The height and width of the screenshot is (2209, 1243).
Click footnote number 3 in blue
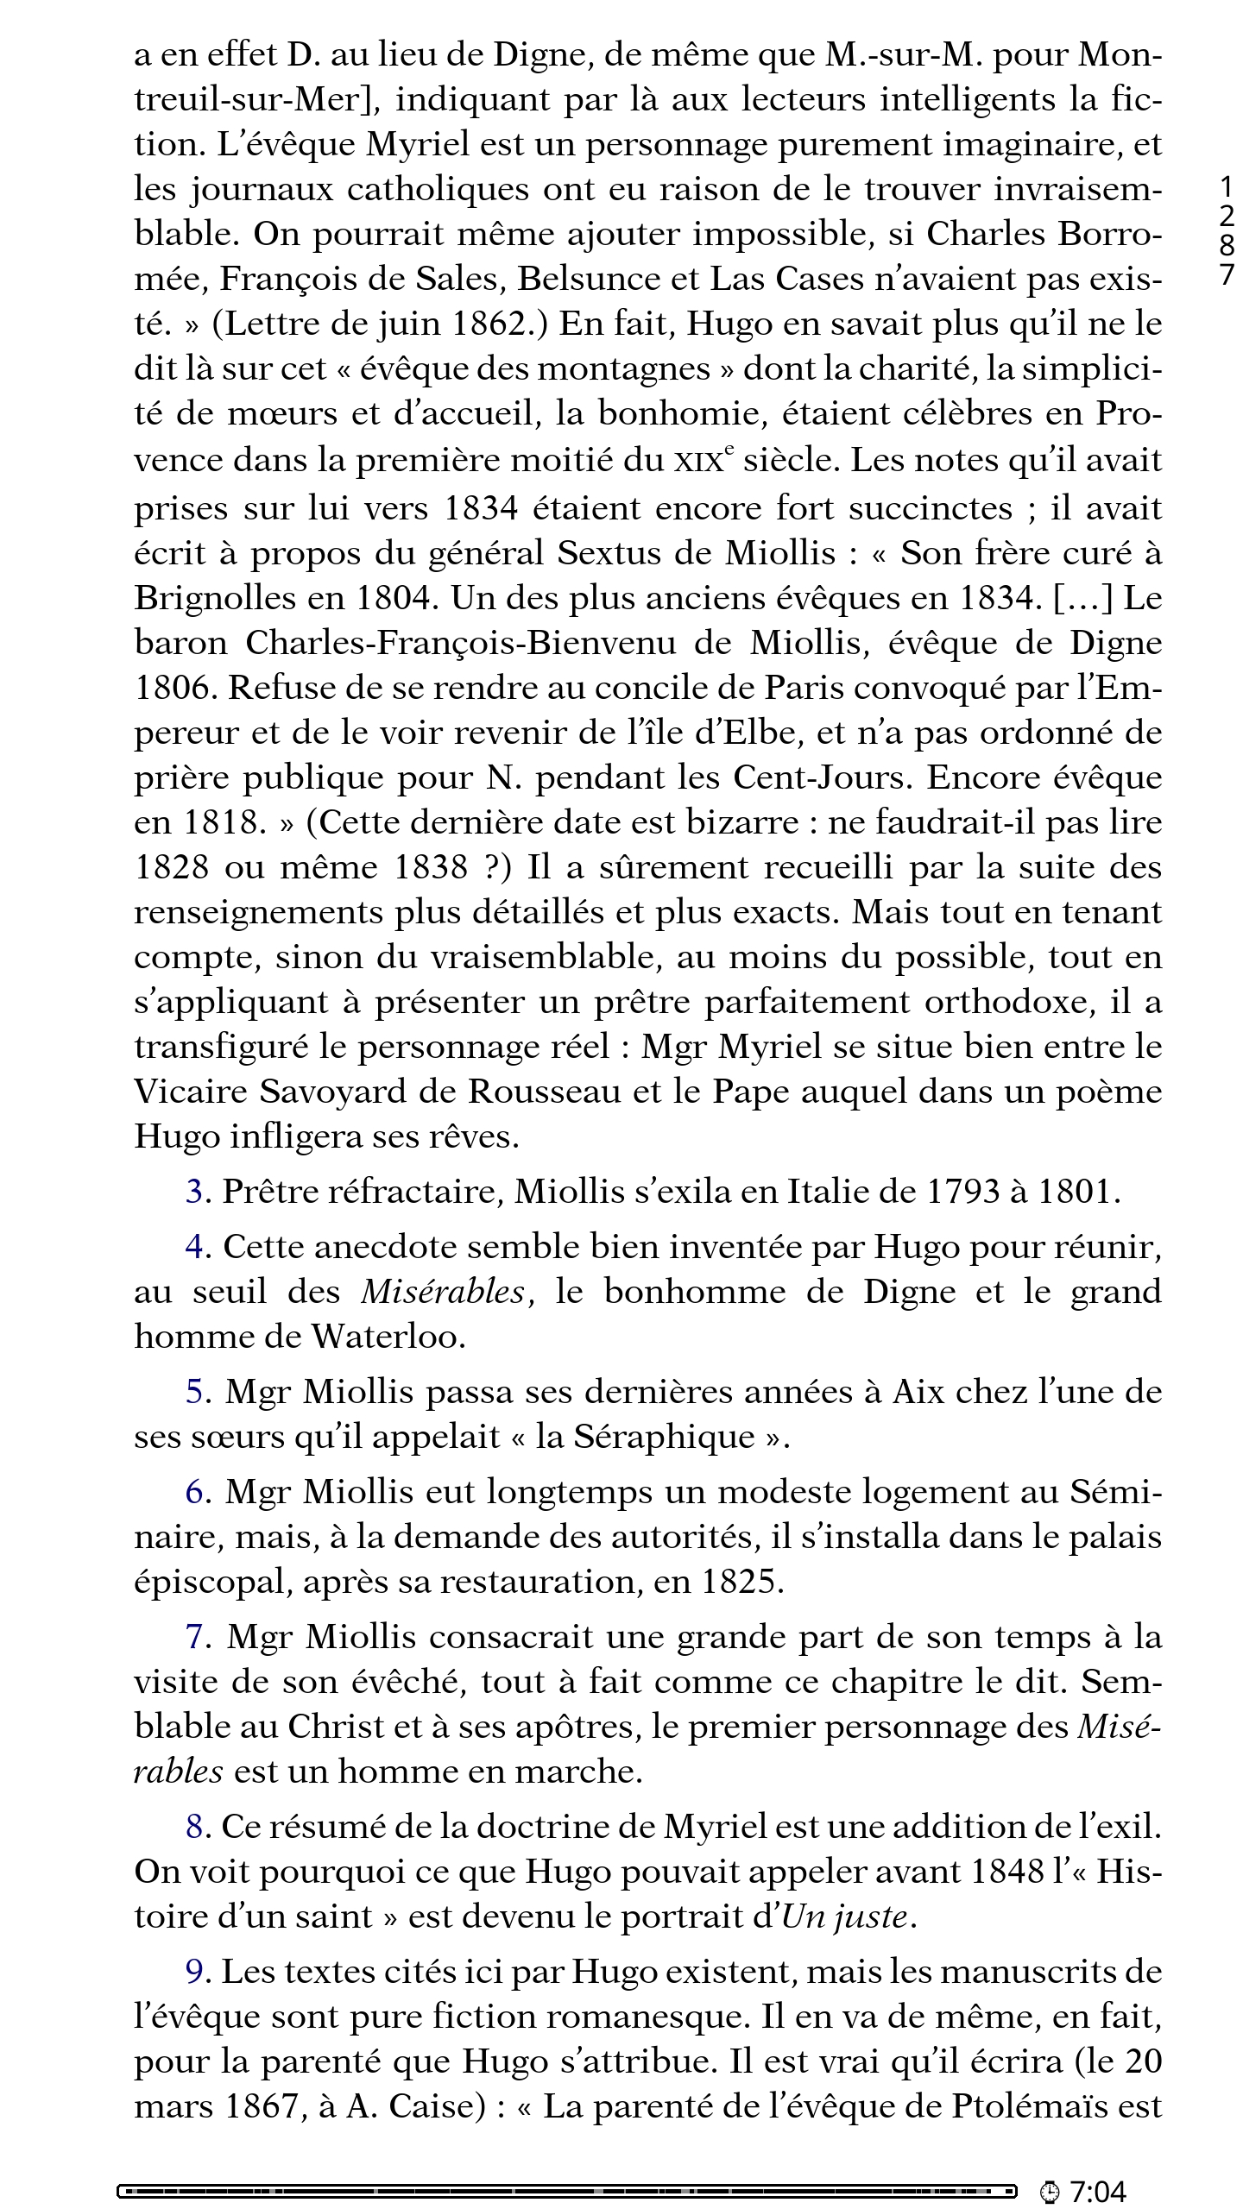click(x=194, y=1192)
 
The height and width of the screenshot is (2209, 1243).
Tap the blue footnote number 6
click(x=195, y=1492)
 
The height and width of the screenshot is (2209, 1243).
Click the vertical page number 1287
click(x=1227, y=230)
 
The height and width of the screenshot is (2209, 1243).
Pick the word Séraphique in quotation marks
click(x=664, y=1437)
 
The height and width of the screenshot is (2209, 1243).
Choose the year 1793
click(x=958, y=1192)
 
